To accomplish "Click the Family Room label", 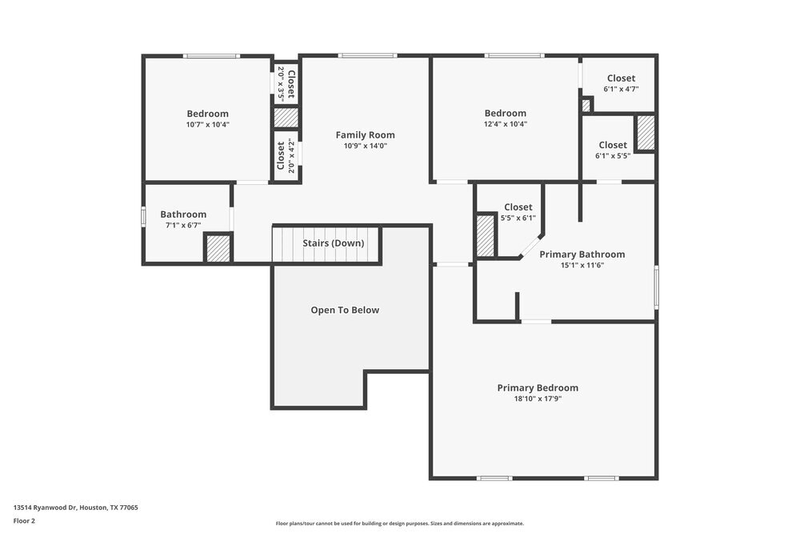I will (365, 135).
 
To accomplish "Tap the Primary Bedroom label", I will (538, 387).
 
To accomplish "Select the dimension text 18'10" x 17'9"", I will (538, 399).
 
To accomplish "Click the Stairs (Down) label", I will (333, 243).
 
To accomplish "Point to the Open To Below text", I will (345, 310).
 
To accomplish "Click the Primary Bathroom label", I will (582, 255).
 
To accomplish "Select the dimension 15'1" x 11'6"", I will (582, 265).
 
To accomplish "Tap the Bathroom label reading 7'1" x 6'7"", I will (183, 215).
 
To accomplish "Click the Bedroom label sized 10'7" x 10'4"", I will (207, 114).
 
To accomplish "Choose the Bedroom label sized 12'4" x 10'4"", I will (505, 114).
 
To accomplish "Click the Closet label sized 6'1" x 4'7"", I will (621, 78).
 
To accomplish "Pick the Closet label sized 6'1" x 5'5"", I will (613, 145).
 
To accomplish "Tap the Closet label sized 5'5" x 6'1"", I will (518, 207).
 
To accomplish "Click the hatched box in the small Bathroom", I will (218, 247).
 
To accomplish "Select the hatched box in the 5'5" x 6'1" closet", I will (486, 235).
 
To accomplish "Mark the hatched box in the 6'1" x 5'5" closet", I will (646, 134).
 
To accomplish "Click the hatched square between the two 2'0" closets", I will (286, 118).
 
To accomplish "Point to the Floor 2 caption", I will (24, 520).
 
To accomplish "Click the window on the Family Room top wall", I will (367, 55).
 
